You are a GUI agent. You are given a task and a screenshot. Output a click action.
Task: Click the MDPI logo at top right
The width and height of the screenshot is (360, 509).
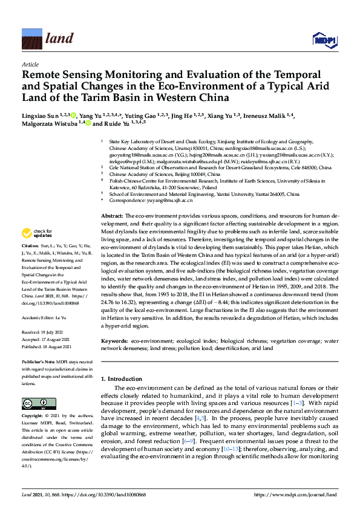pyautogui.click(x=324, y=40)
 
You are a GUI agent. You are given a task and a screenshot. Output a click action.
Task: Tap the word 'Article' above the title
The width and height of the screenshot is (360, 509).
pyautogui.click(x=30, y=64)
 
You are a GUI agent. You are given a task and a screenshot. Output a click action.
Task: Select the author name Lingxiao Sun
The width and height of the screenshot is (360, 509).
pyautogui.click(x=42, y=114)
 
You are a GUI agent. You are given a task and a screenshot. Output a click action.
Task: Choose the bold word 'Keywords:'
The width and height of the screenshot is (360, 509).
pyautogui.click(x=115, y=341)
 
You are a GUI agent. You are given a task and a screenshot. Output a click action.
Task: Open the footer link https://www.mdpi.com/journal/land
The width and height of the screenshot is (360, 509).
pyautogui.click(x=295, y=495)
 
